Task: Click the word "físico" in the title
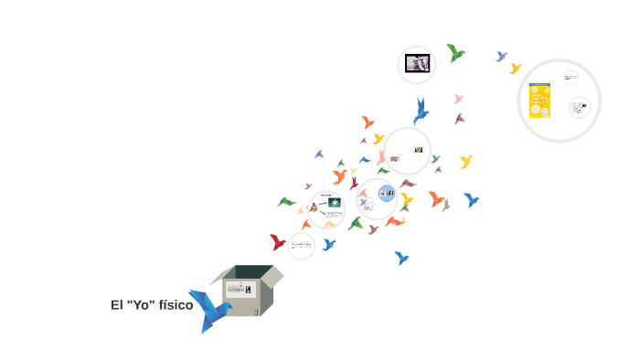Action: [176, 305]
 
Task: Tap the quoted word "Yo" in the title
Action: [142, 305]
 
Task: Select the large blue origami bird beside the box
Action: [209, 310]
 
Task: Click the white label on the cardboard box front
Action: [241, 289]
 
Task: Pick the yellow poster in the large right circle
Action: [539, 101]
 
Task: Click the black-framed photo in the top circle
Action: [417, 64]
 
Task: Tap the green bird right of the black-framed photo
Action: [454, 53]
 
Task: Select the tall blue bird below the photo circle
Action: [421, 111]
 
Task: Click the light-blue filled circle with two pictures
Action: [387, 193]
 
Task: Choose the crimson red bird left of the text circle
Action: [277, 242]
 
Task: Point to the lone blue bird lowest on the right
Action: [401, 259]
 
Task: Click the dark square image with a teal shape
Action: [335, 203]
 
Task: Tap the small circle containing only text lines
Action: [301, 245]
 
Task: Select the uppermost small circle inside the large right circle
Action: [571, 78]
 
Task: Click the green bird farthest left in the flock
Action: [286, 202]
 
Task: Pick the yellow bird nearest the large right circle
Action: [515, 69]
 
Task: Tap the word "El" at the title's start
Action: [117, 305]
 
